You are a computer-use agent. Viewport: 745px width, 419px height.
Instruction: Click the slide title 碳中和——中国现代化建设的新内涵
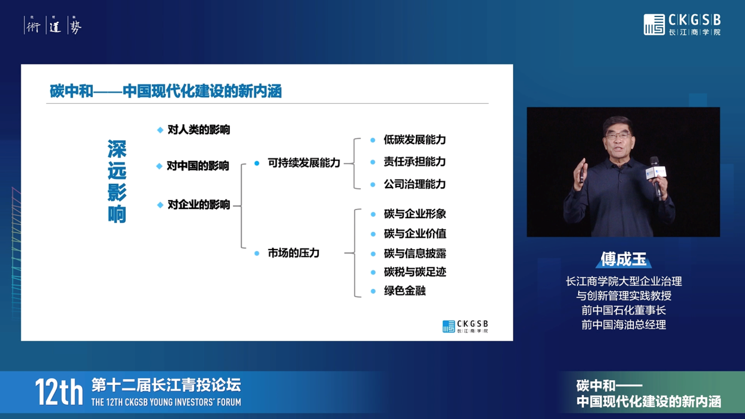pos(166,91)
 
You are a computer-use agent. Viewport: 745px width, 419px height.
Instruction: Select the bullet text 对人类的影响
pos(199,130)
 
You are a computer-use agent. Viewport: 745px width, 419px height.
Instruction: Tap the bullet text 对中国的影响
pos(197,165)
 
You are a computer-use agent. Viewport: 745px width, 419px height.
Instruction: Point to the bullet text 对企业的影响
pos(199,205)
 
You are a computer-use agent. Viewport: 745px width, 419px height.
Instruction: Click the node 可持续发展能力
pos(304,163)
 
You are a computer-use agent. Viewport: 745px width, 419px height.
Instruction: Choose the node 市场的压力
pos(294,253)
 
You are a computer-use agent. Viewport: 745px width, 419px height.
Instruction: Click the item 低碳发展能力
pos(415,140)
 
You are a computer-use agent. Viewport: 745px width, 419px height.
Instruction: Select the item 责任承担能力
pos(415,162)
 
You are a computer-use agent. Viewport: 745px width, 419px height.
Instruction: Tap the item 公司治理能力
pos(415,184)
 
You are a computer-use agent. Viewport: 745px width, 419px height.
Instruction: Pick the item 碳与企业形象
pos(415,214)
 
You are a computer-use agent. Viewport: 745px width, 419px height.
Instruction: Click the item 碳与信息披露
pos(415,254)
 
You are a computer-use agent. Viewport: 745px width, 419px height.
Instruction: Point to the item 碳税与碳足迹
pos(415,272)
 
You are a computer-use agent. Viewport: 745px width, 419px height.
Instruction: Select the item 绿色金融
pos(405,291)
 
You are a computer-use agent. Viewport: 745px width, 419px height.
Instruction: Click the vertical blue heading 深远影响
pos(117,181)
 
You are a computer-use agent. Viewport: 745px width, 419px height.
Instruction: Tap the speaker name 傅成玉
pos(623,259)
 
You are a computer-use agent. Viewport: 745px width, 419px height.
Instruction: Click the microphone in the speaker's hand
pos(656,176)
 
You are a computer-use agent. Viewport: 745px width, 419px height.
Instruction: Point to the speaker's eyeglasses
pos(618,136)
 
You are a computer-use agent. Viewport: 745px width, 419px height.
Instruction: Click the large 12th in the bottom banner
pos(59,392)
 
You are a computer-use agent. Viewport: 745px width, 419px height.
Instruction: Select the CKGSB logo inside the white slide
pos(465,326)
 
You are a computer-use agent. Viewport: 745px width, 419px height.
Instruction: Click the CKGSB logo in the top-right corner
pos(682,25)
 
